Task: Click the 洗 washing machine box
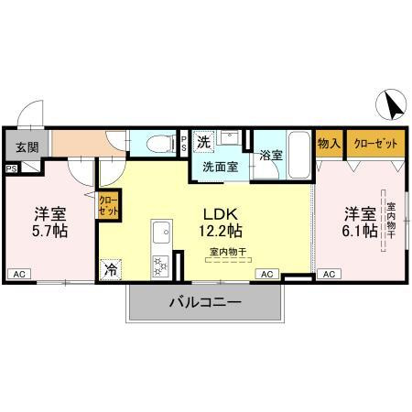206,142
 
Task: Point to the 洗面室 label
220,168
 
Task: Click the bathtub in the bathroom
298,148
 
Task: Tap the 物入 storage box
329,144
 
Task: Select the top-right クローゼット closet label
370,144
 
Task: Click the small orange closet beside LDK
108,204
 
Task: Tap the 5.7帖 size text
50,231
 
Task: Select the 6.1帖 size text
360,231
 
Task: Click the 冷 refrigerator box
110,269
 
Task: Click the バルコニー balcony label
203,302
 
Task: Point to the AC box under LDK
266,274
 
